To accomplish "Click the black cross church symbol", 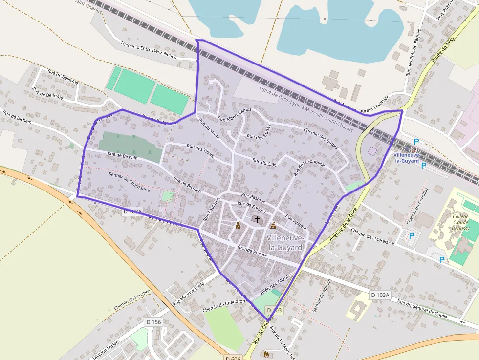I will tap(257, 220).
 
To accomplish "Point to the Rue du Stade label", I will tap(208, 129).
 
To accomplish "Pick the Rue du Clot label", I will tap(264, 162).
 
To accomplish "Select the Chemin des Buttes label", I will tap(321, 137).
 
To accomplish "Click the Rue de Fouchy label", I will tap(251, 207).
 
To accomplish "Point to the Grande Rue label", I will tap(249, 251).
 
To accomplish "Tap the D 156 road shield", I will tap(153, 322).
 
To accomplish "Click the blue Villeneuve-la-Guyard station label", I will tap(406, 158).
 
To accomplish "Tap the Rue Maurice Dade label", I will tap(189, 293).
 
